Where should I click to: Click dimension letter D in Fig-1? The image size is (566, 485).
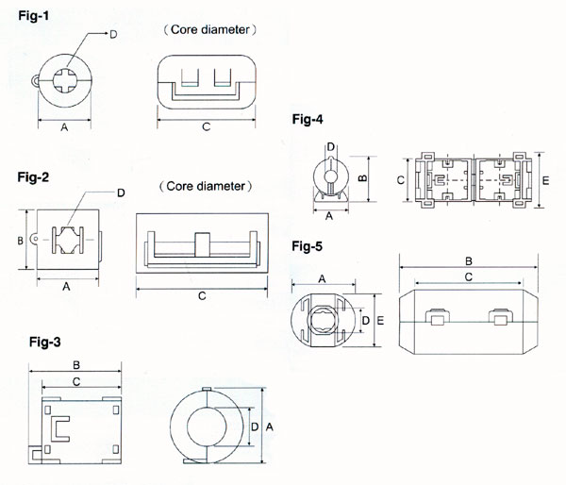[113, 35]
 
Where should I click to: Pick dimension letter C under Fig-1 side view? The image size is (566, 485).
[205, 127]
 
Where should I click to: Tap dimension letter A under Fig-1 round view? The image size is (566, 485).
[64, 127]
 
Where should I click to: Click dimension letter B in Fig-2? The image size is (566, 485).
[21, 242]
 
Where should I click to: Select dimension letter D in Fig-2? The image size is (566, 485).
[121, 193]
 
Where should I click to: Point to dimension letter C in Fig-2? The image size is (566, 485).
[203, 296]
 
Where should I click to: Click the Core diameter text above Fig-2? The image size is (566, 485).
[206, 186]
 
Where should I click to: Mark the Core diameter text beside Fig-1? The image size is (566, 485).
[215, 30]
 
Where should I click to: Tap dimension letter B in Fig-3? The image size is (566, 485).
[75, 364]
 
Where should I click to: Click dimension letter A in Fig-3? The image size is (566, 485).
[272, 426]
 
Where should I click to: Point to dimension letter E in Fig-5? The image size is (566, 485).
[378, 321]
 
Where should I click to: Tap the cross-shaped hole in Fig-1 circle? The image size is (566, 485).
[64, 79]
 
